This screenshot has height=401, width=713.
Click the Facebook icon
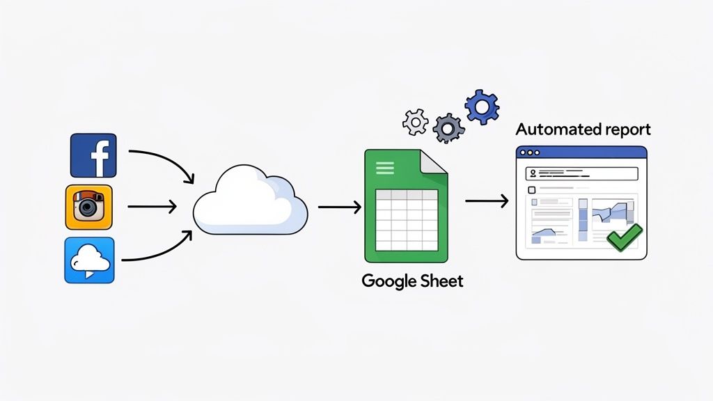coord(94,156)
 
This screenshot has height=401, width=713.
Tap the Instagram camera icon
coord(88,207)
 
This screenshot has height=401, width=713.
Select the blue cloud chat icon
coord(89,260)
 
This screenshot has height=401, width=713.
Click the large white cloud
coord(249,202)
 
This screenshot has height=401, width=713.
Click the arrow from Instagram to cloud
coord(152,206)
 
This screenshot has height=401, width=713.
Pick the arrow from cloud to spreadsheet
coord(339,206)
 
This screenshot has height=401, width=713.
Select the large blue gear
coord(483,107)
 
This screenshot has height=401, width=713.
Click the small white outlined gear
coord(416,122)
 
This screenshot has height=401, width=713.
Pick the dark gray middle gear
coord(448,127)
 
